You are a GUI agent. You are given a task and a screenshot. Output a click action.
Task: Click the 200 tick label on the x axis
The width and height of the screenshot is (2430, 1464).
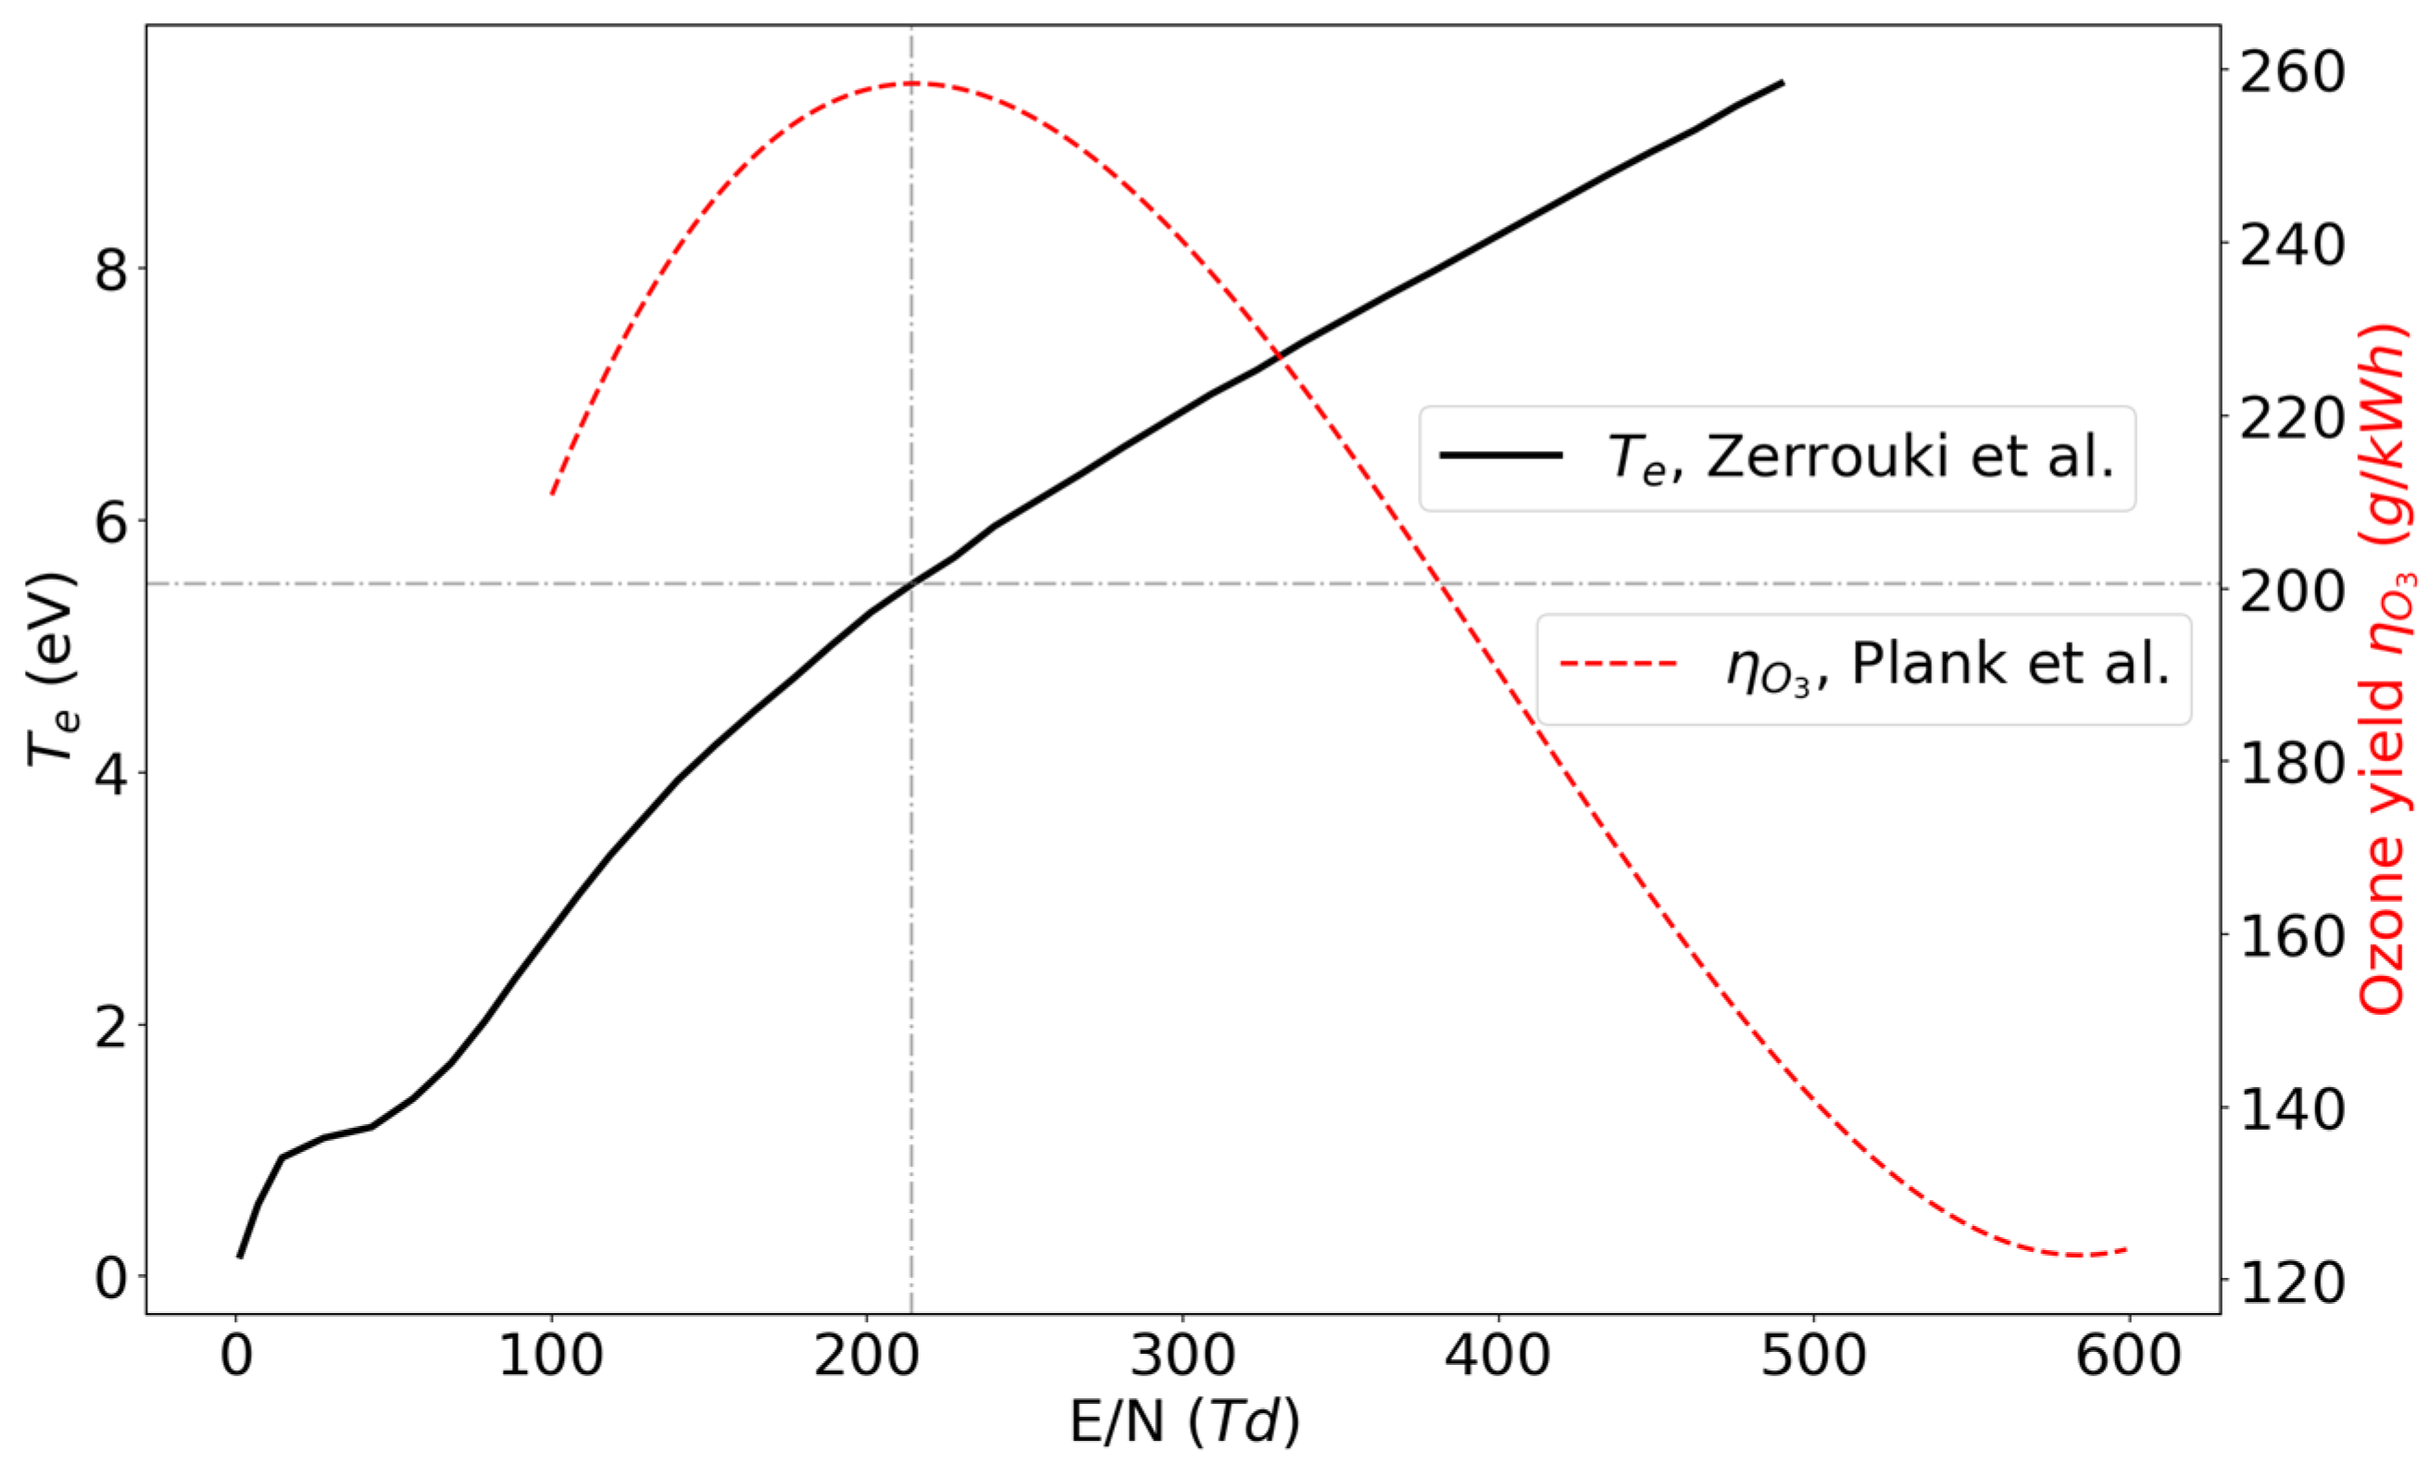pyautogui.click(x=866, y=1357)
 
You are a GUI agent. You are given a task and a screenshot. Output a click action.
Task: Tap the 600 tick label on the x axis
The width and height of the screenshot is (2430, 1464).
pyautogui.click(x=2128, y=1357)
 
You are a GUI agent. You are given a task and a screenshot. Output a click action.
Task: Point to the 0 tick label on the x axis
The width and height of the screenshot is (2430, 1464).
pyautogui.click(x=236, y=1357)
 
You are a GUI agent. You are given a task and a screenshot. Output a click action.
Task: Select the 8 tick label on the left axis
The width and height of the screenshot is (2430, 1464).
pyautogui.click(x=110, y=269)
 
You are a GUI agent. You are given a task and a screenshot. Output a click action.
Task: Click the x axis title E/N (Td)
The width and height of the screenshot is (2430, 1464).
pyautogui.click(x=1184, y=1422)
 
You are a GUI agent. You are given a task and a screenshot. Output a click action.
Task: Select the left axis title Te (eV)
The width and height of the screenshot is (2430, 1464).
pyautogui.click(x=51, y=669)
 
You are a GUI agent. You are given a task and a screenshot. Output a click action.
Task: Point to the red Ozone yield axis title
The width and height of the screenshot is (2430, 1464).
pyautogui.click(x=2386, y=669)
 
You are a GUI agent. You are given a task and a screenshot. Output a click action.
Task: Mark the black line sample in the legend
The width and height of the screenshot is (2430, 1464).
pyautogui.click(x=1501, y=456)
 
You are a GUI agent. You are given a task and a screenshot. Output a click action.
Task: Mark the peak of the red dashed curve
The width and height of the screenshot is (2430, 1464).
pyautogui.click(x=911, y=82)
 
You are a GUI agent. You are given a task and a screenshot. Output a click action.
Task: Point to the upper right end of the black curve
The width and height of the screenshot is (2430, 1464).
pyautogui.click(x=1783, y=82)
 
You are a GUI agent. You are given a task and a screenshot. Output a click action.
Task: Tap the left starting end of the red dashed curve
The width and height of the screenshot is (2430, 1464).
pyautogui.click(x=552, y=494)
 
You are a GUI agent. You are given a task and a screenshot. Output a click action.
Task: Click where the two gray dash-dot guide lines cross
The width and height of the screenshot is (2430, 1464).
pyautogui.click(x=911, y=583)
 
